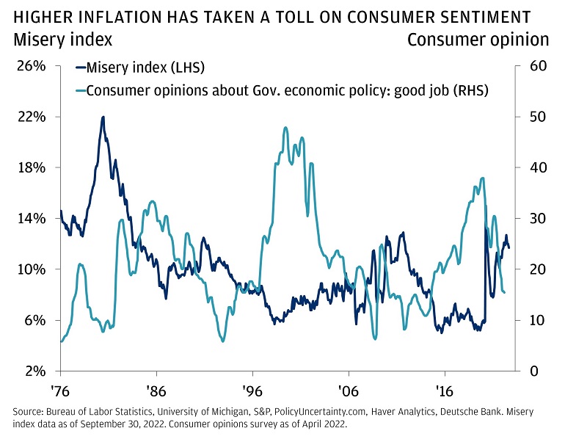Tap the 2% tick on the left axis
(x=35, y=371)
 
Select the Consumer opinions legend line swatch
(x=79, y=91)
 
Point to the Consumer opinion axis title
(x=478, y=38)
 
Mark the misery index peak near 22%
(x=103, y=117)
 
